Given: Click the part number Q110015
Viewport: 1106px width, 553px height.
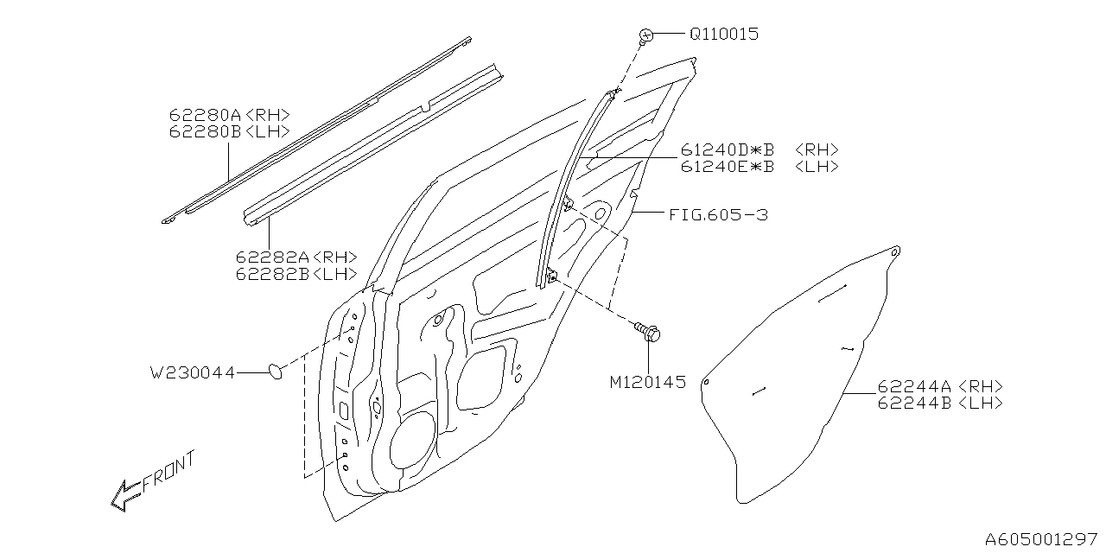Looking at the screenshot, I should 723,35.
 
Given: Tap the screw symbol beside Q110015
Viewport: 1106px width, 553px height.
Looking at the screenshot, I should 645,35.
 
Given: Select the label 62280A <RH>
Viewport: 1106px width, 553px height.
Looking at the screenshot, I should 229,115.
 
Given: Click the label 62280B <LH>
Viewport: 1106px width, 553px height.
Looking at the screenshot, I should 229,131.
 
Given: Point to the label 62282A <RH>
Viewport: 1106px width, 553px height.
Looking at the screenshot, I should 296,257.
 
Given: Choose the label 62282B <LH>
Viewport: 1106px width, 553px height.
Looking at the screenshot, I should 296,274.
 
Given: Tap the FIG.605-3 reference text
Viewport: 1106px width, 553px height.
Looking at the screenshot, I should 718,214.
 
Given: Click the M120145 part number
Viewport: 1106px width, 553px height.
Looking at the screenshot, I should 647,382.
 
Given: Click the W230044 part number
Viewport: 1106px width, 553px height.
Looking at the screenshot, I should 192,372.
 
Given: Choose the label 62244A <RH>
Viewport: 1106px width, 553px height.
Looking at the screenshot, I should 940,386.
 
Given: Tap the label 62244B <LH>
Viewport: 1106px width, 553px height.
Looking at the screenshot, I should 940,403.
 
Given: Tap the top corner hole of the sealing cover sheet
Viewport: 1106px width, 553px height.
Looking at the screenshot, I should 896,251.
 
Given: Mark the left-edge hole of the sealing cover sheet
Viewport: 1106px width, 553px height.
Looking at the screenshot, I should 706,382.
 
